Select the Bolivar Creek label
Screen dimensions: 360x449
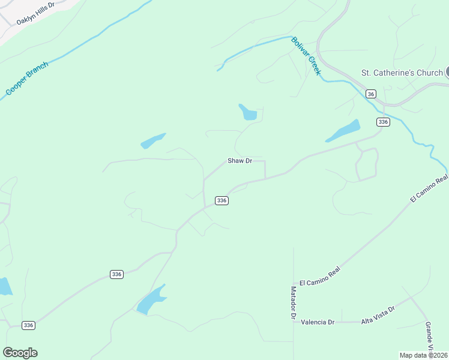click(x=306, y=56)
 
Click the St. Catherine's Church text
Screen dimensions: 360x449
click(x=402, y=73)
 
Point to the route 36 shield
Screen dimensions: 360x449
click(x=371, y=94)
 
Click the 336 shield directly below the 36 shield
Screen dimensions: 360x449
click(x=383, y=122)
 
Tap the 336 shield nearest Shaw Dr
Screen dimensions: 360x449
click(x=221, y=200)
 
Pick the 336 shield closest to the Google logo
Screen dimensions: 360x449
click(x=28, y=325)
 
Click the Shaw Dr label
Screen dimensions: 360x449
click(x=240, y=161)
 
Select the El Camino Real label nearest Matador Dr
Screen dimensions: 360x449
click(x=320, y=276)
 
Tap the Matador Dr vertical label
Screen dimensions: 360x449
click(x=294, y=302)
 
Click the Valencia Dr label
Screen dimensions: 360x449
click(x=318, y=322)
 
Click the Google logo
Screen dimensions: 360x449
click(x=20, y=353)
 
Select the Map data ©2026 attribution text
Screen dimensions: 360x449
click(x=423, y=355)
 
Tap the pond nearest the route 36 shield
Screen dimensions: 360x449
click(x=343, y=131)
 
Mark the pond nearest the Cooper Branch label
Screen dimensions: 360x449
click(x=152, y=141)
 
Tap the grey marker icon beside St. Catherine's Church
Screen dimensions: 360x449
click(x=447, y=73)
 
